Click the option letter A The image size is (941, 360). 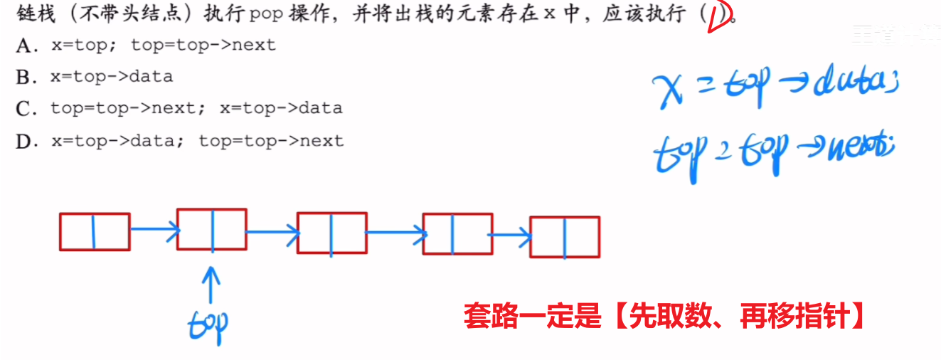pos(24,46)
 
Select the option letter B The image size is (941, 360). pos(23,77)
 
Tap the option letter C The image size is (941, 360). pos(24,109)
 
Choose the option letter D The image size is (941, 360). pos(24,142)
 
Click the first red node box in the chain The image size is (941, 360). pos(95,232)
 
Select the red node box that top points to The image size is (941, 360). pos(212,229)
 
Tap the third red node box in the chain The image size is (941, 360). pos(331,233)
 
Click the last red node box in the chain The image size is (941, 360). pos(565,237)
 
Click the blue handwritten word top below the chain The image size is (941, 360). pos(208,324)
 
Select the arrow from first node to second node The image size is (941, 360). pos(153,228)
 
